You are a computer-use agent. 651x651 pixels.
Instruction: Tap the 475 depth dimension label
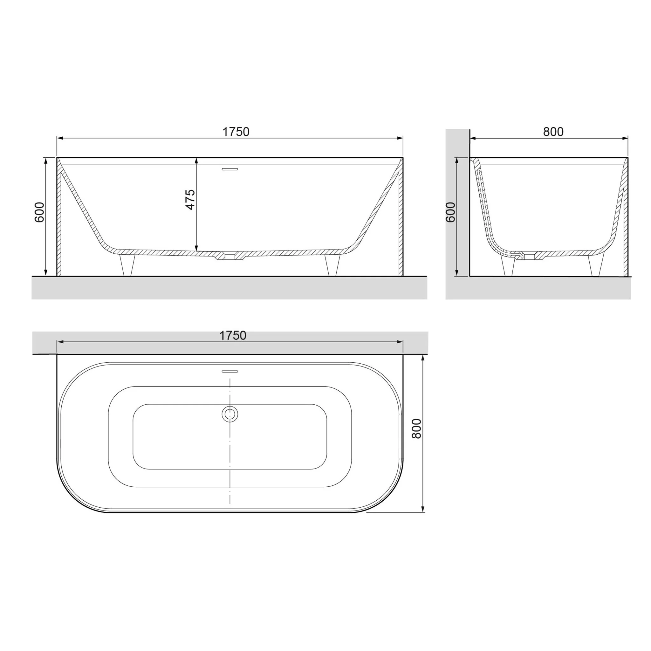pos(190,200)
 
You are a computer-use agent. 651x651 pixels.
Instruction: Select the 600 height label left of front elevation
pos(39,212)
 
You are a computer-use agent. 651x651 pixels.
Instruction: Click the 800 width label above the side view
pos(553,132)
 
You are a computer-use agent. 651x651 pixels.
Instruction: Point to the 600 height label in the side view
pos(450,212)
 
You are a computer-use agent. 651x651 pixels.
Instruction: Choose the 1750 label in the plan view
pos(233,336)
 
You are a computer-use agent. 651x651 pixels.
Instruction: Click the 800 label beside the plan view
pos(417,428)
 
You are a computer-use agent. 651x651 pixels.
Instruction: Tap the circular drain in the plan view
pos(230,414)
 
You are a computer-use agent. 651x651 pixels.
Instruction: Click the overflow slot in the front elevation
pos(230,169)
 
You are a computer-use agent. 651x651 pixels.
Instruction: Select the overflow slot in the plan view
pos(230,372)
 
